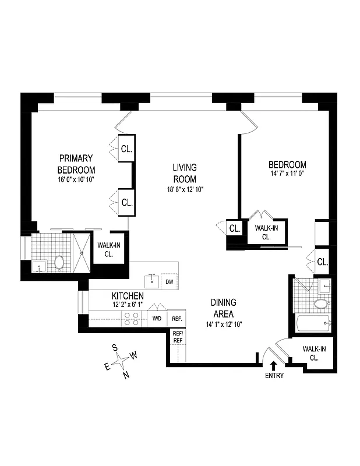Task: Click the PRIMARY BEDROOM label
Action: click(76, 164)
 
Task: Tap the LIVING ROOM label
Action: click(184, 173)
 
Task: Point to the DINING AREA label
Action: click(224, 308)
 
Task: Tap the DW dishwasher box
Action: click(170, 282)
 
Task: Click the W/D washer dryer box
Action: click(157, 319)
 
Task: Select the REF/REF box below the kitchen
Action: click(178, 337)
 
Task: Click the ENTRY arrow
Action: click(274, 365)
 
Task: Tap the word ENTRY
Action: click(274, 376)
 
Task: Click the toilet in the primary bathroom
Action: click(58, 263)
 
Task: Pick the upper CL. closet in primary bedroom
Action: click(127, 148)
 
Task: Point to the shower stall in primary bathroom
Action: click(77, 252)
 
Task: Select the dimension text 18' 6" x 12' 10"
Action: click(184, 189)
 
